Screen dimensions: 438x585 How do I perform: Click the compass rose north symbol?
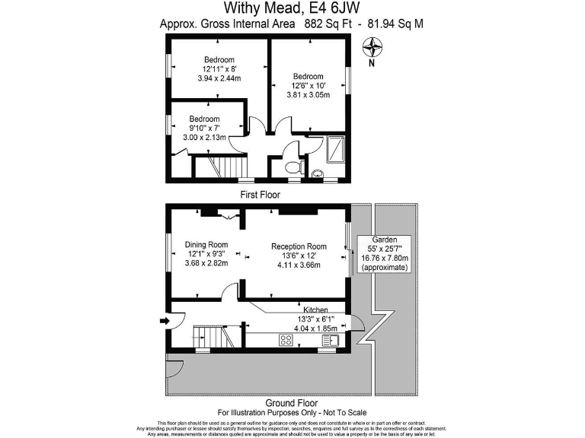[x=372, y=51]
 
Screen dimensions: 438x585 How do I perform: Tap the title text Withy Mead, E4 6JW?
[x=292, y=8]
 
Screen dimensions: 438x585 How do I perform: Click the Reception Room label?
[x=299, y=246]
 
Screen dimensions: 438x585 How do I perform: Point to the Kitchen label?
[x=315, y=310]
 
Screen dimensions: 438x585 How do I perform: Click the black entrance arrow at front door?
[x=162, y=321]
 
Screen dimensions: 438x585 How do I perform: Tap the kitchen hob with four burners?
[x=286, y=340]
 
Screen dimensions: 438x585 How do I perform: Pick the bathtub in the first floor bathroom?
[x=334, y=148]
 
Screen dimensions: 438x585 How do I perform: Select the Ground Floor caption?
[x=292, y=403]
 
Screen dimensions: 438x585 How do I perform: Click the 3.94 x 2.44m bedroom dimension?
[x=219, y=78]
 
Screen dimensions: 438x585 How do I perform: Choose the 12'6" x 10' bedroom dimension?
[x=308, y=86]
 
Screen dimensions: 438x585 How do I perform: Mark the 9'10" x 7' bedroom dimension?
[x=204, y=129]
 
